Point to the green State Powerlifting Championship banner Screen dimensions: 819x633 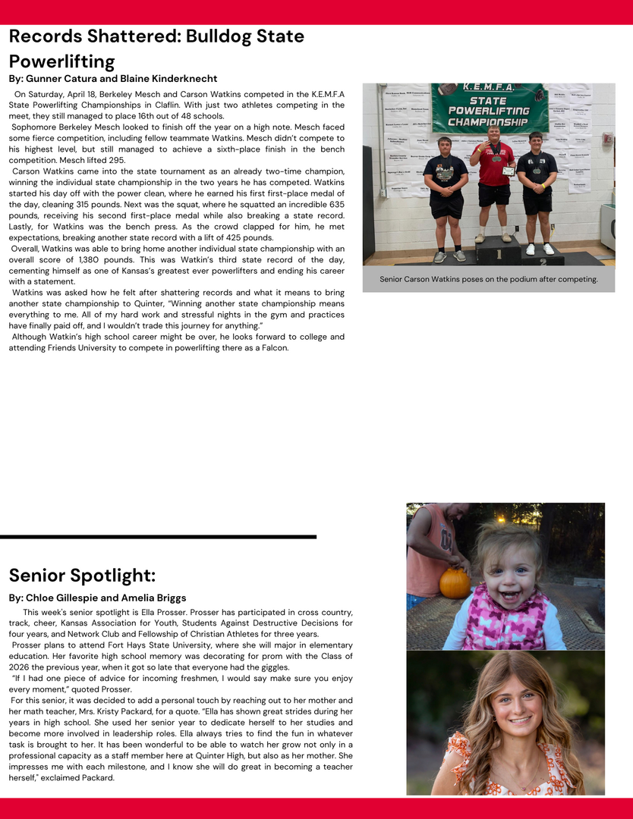point(489,105)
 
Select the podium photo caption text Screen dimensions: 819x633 point(489,279)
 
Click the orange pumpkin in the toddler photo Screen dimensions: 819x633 point(455,582)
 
